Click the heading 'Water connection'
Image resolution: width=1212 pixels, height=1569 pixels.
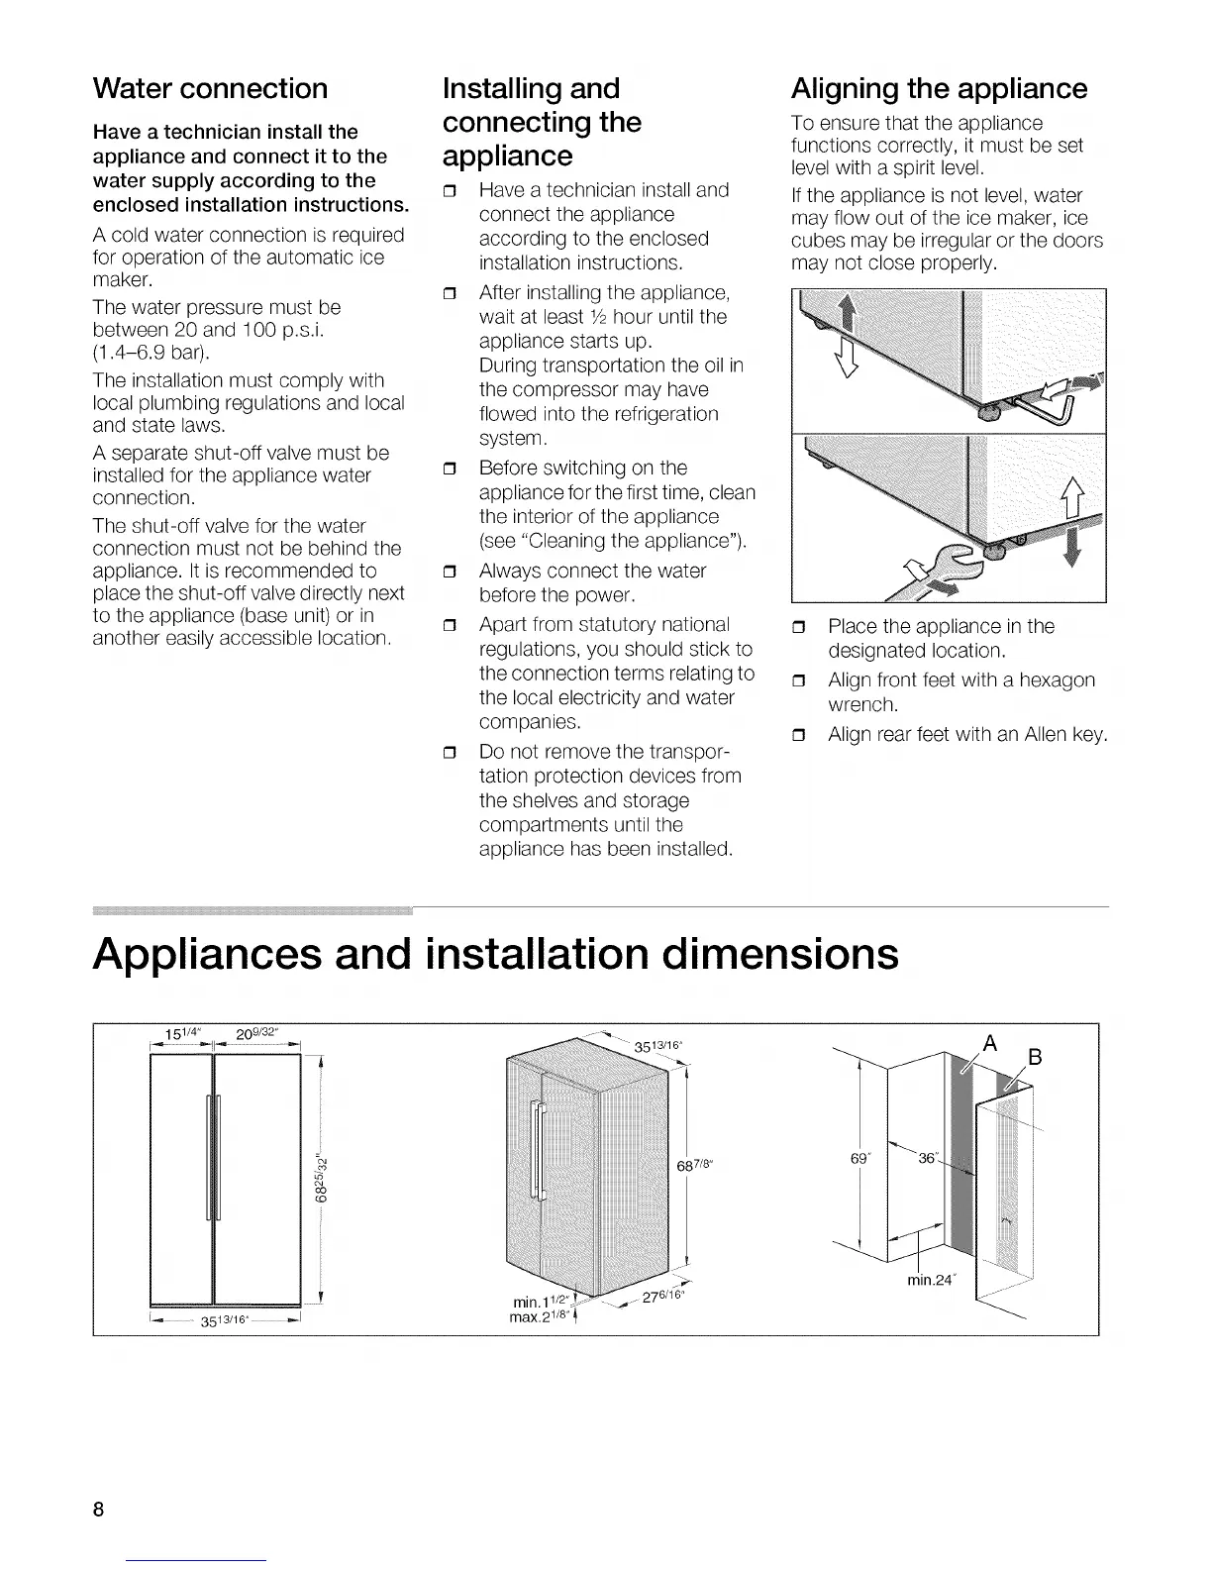210,88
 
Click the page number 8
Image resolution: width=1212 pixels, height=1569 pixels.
98,1511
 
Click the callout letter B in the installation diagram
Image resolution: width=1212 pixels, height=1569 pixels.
1035,1057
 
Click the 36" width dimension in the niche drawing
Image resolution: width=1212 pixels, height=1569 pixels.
929,1158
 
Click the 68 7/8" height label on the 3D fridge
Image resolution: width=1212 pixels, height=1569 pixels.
698,1164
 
